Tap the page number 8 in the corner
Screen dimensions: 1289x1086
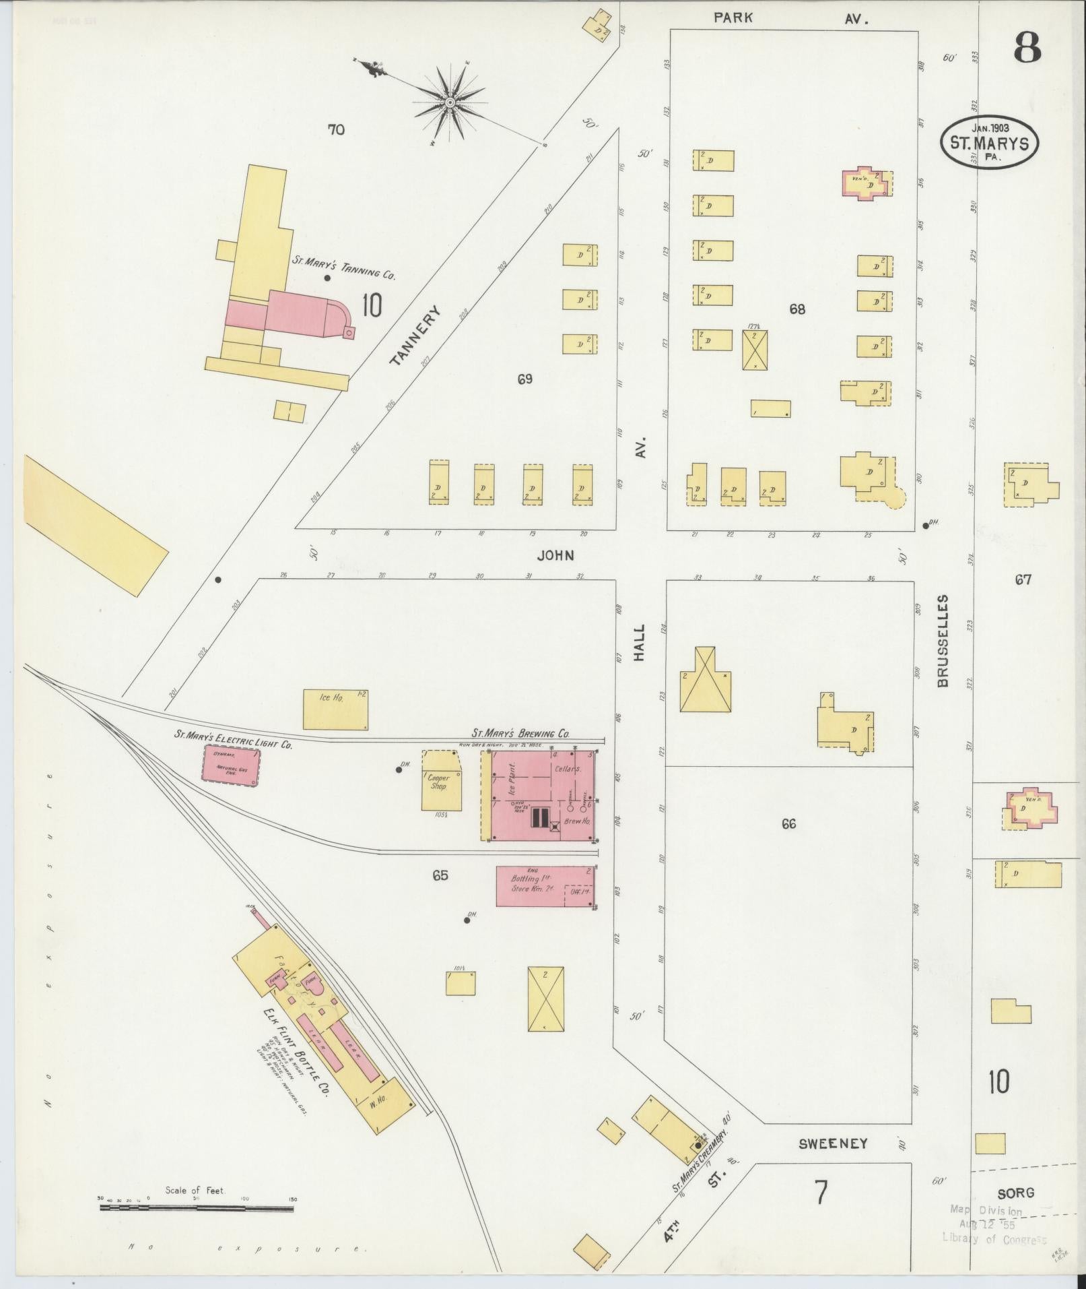click(1026, 47)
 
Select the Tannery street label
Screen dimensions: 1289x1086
click(415, 335)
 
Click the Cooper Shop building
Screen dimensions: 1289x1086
click(442, 782)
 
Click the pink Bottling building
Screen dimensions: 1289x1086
click(545, 886)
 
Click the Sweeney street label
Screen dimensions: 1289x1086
click(833, 1143)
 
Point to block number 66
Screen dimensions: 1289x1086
click(788, 823)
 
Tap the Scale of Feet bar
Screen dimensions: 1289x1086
click(197, 1208)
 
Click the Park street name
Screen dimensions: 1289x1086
click(733, 18)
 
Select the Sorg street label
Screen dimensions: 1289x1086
click(1015, 1193)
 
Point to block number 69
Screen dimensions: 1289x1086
click(524, 379)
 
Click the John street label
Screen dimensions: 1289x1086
click(555, 555)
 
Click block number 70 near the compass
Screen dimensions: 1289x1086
click(335, 129)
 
